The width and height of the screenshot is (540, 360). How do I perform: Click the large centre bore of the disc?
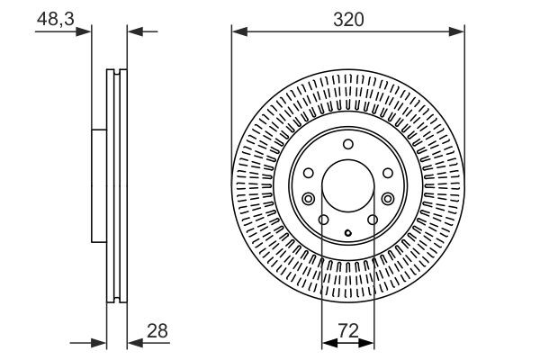[x=347, y=185]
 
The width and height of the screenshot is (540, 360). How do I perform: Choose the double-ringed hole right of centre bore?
[x=387, y=199]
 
